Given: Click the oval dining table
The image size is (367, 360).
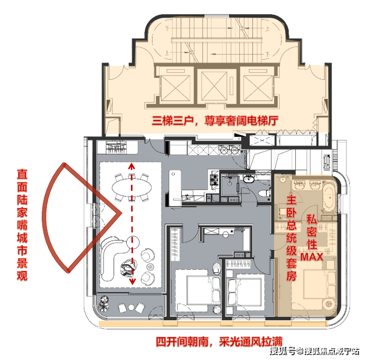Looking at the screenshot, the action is tap(131, 188).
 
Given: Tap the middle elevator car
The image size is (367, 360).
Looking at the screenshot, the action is tap(214, 86).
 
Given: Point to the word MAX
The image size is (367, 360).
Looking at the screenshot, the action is tap(312, 256).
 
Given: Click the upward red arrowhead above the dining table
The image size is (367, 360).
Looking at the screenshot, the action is tap(132, 166).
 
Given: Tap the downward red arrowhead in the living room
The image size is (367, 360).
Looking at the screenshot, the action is tap(133, 281).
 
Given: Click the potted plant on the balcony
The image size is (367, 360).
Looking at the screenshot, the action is tap(103, 303).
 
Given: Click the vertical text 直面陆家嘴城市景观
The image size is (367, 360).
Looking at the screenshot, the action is tap(22, 225).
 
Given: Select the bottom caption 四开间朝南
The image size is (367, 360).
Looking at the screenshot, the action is tap(182, 342).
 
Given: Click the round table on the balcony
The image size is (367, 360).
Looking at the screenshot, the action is tap(131, 307).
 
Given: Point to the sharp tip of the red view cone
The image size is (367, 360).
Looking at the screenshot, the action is tap(121, 213).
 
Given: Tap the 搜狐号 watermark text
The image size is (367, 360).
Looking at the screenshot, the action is tap(283, 351).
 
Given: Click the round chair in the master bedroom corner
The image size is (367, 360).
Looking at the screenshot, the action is tap(329, 304).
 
